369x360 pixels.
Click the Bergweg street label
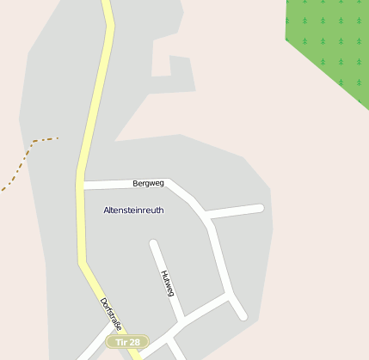click(x=148, y=183)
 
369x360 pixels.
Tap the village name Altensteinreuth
click(x=133, y=210)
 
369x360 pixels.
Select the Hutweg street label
click(x=167, y=283)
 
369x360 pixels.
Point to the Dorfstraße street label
click(x=110, y=314)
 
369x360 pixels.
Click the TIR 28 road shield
click(x=127, y=342)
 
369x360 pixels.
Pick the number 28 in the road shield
click(x=133, y=342)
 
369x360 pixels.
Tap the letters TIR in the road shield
click(x=121, y=342)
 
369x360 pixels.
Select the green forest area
click(x=331, y=39)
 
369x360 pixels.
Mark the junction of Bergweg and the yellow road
click(x=83, y=185)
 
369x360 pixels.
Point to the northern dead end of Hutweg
click(x=153, y=243)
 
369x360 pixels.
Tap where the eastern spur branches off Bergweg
click(x=208, y=216)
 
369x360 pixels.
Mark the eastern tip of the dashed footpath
click(x=58, y=137)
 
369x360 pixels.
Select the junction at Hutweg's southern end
click(x=181, y=323)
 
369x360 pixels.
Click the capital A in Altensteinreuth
click(x=106, y=210)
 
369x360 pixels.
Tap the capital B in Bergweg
click(x=136, y=183)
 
